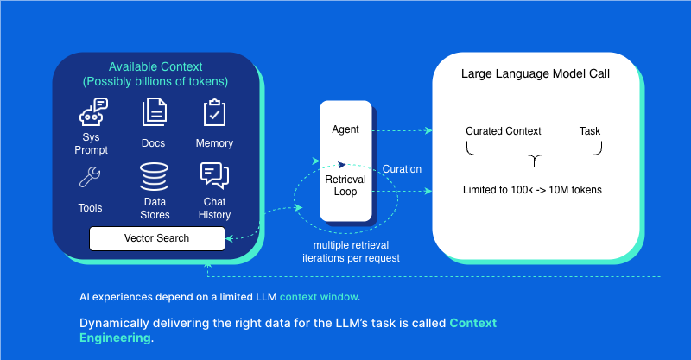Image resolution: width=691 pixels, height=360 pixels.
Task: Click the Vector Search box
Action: tap(157, 238)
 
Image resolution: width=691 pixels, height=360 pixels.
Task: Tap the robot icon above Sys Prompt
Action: tap(93, 112)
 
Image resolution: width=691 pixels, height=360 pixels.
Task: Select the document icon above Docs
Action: tap(155, 112)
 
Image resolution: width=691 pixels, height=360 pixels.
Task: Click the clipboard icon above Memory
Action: tap(214, 112)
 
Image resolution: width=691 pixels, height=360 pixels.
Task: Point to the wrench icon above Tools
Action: tap(90, 177)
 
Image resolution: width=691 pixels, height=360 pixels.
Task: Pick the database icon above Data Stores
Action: tap(155, 177)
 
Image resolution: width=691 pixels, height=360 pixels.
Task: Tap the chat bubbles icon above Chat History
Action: tap(214, 176)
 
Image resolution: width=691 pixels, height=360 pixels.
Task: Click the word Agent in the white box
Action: tap(345, 129)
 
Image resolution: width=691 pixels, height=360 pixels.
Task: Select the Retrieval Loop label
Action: tap(345, 186)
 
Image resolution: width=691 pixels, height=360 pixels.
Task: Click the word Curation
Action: tap(402, 169)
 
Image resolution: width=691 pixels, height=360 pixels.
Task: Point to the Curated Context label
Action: tap(504, 131)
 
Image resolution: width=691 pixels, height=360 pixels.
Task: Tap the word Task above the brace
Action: tap(590, 131)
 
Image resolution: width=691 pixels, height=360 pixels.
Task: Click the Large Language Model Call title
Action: tap(536, 73)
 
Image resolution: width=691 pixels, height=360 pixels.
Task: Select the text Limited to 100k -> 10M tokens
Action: tap(532, 190)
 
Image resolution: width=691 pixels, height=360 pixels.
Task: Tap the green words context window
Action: tap(319, 297)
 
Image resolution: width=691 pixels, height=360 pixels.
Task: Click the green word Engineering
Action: tap(115, 338)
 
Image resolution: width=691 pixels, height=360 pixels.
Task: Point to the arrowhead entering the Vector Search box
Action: tap(229, 239)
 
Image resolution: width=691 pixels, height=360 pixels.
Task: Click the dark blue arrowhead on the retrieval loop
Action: tap(341, 165)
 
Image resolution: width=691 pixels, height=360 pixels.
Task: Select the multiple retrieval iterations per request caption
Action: tap(352, 251)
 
